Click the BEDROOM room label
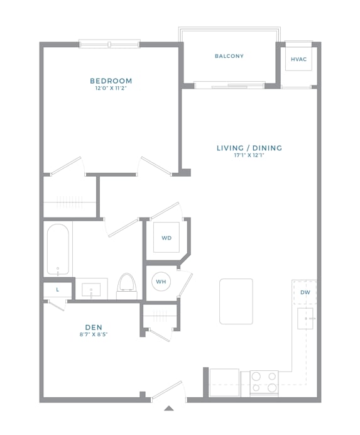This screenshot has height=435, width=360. click(111, 81)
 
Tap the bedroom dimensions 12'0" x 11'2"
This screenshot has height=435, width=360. click(111, 89)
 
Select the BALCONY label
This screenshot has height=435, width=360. click(229, 57)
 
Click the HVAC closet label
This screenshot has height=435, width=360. click(298, 59)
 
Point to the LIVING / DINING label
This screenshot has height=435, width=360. click(249, 148)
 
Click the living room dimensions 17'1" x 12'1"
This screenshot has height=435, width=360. click(249, 156)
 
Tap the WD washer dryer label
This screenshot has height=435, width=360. click(166, 238)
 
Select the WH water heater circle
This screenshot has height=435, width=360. click(161, 282)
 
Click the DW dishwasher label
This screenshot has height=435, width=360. click(305, 292)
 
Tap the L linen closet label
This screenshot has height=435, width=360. click(58, 290)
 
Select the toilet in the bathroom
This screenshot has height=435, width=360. click(127, 284)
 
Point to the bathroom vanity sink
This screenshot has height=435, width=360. click(95, 290)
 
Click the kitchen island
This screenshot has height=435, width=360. click(236, 301)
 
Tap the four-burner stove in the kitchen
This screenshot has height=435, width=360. click(264, 382)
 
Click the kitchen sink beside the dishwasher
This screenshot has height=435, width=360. click(305, 319)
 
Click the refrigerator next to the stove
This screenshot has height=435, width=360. click(224, 382)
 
